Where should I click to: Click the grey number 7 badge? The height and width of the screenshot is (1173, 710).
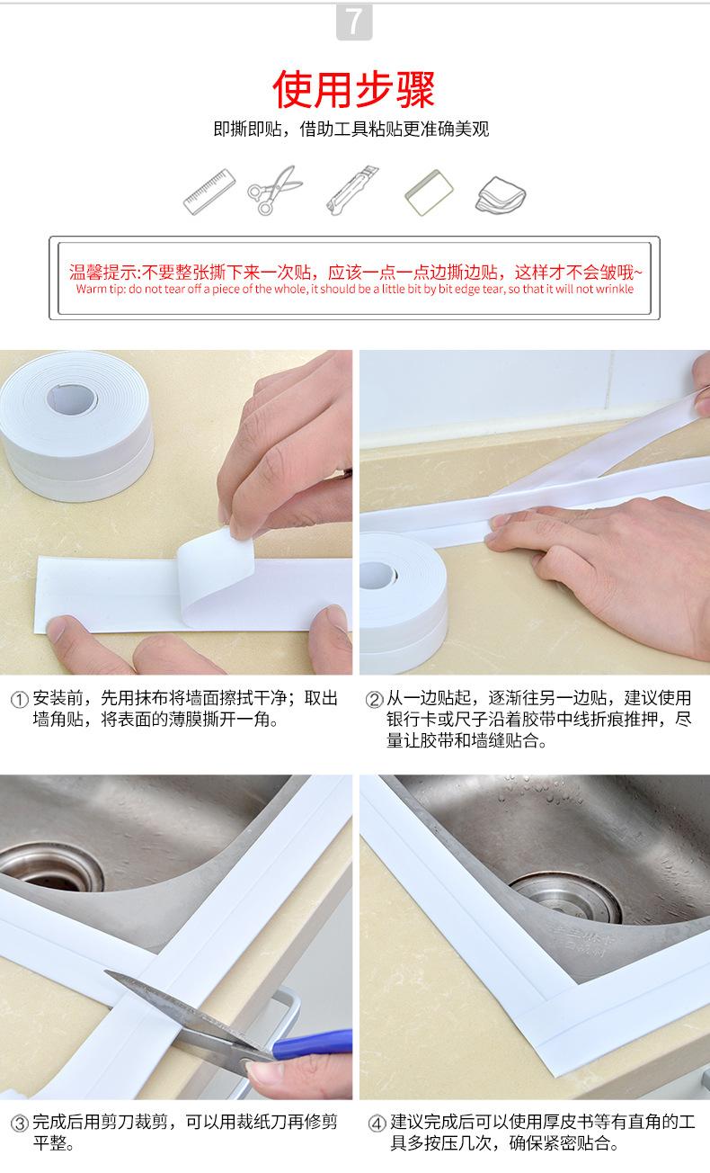(354, 22)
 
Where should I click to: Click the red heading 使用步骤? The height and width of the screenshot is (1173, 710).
(354, 90)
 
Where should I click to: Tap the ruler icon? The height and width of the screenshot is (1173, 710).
(209, 191)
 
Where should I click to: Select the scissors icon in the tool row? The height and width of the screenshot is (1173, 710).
(275, 190)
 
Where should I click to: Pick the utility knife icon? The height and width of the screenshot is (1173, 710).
(352, 190)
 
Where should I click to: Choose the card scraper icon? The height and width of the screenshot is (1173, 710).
(429, 193)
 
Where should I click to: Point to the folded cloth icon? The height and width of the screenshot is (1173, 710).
(501, 195)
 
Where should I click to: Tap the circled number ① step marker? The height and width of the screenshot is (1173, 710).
(20, 700)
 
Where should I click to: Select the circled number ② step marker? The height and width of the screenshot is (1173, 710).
(374, 700)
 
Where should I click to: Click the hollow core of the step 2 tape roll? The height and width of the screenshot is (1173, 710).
(377, 575)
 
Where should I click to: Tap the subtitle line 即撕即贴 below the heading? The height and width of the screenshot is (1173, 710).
(351, 129)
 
